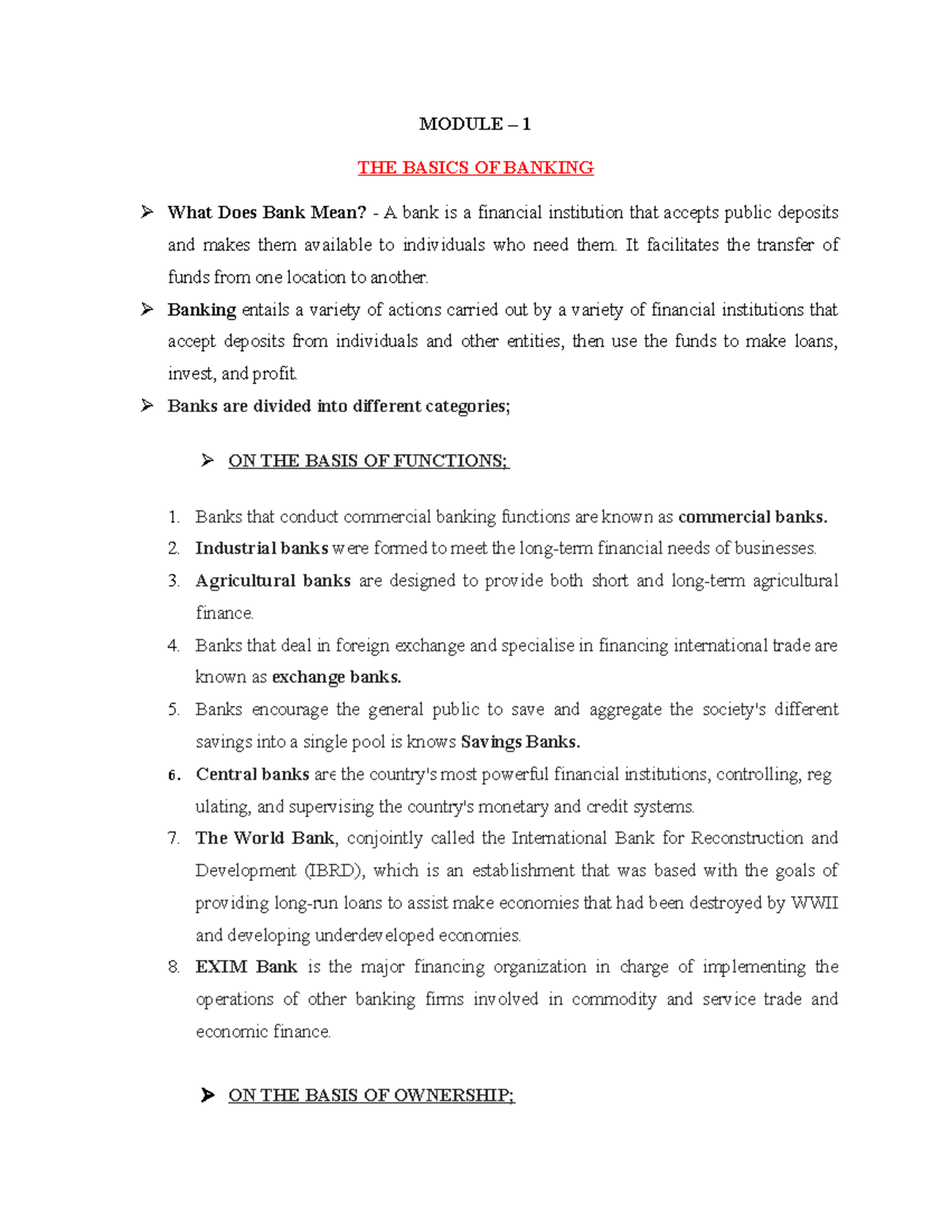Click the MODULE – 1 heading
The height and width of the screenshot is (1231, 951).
(475, 124)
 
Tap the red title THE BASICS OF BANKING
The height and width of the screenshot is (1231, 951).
(475, 168)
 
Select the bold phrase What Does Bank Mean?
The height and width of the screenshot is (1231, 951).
(267, 212)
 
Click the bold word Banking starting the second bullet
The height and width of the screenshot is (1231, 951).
(201, 310)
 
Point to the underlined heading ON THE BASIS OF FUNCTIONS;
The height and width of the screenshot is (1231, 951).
(369, 461)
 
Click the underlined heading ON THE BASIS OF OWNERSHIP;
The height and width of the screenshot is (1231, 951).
(371, 1095)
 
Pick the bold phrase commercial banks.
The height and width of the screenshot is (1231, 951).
(753, 518)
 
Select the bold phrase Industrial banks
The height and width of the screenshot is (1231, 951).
(262, 549)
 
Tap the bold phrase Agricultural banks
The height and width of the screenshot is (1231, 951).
(273, 581)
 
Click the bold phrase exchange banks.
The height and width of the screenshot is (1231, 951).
(336, 678)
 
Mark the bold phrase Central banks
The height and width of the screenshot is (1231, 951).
(252, 774)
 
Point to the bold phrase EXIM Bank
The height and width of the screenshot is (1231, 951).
(246, 967)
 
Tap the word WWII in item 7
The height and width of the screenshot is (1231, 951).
(815, 904)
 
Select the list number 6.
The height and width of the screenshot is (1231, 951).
(174, 775)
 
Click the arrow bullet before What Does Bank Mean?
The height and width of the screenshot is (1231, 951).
(147, 212)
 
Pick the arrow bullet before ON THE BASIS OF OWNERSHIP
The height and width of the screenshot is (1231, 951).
(208, 1095)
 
